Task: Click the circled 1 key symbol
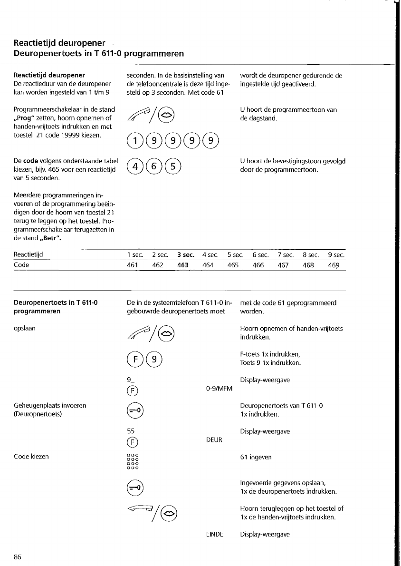(x=134, y=141)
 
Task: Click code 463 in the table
(x=183, y=265)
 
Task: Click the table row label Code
(x=21, y=265)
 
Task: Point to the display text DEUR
(x=214, y=440)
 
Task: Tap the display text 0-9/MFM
(x=220, y=389)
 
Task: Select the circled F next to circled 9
(x=134, y=358)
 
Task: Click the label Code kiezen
(x=31, y=457)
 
